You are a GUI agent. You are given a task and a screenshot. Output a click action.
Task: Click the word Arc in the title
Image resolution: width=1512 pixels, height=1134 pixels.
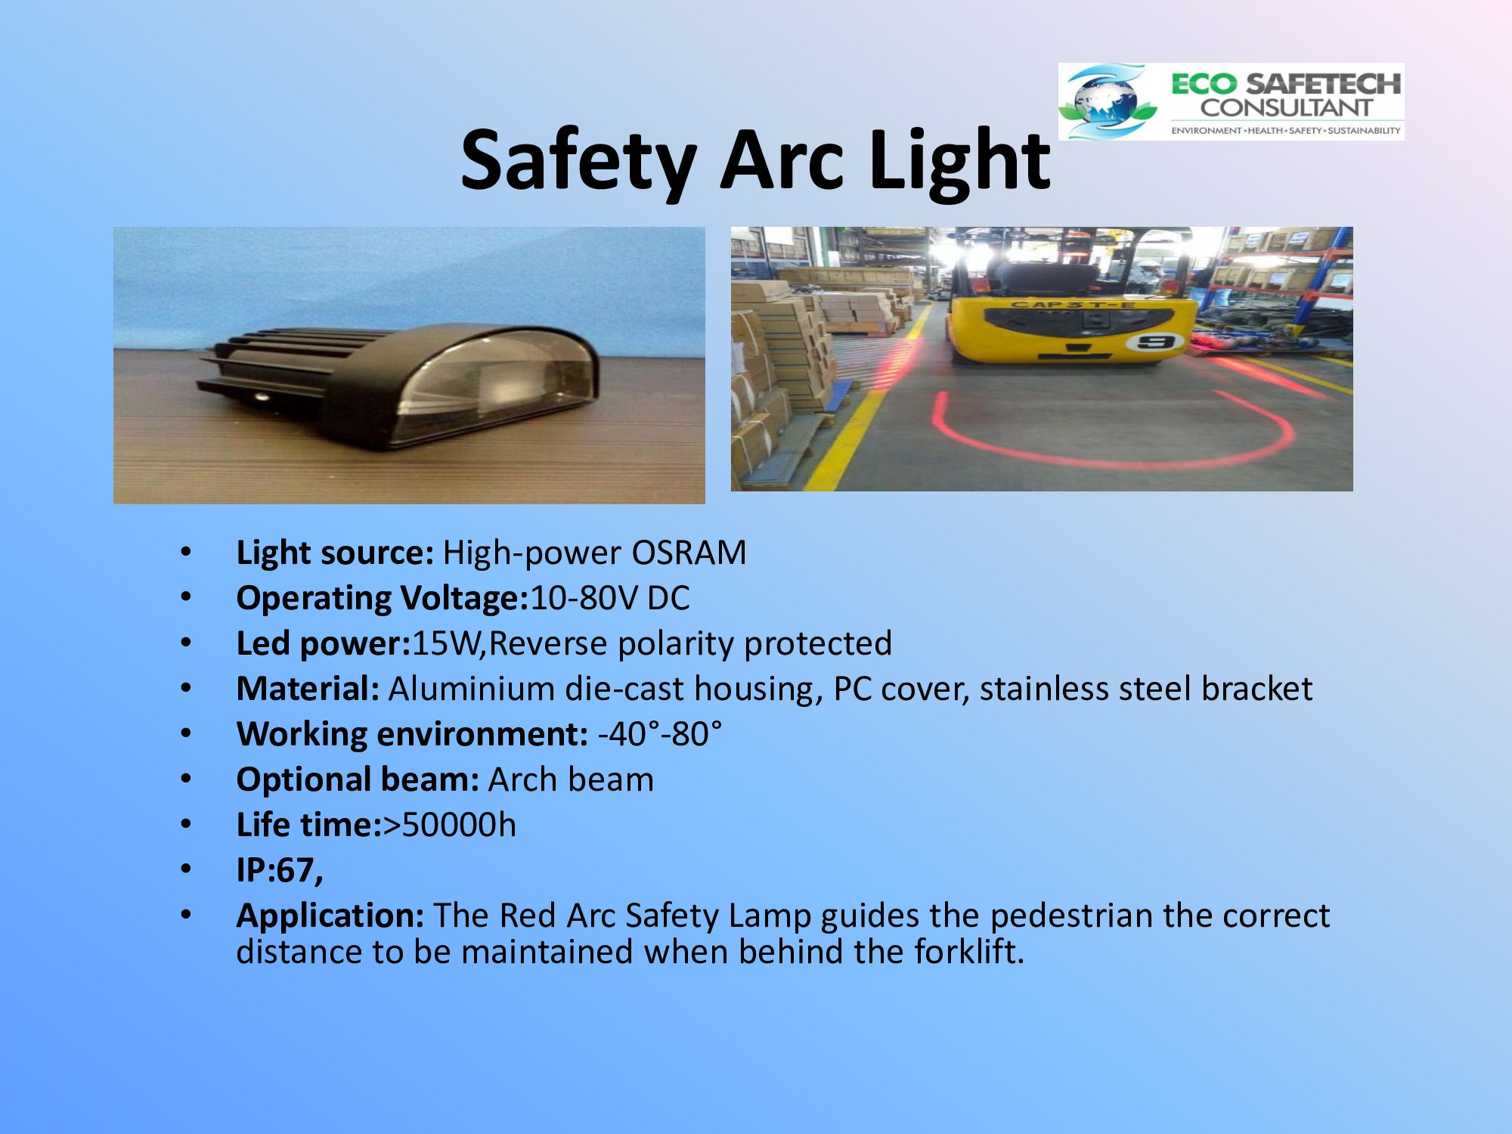point(782,160)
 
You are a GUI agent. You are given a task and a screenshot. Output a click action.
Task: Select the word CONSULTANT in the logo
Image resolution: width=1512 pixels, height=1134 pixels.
point(1286,107)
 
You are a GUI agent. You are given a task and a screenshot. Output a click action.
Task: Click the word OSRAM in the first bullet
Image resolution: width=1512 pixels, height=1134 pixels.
point(689,553)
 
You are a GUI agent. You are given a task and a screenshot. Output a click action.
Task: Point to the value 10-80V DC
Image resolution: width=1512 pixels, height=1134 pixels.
point(610,598)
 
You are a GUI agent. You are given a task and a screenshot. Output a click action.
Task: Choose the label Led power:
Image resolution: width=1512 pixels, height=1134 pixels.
point(323,644)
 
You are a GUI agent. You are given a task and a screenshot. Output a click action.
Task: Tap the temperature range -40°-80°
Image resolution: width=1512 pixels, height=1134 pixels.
point(659,734)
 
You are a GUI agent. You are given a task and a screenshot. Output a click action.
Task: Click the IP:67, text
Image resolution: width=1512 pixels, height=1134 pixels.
point(280,871)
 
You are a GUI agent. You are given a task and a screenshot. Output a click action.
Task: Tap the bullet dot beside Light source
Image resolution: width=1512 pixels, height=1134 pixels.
point(186,553)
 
